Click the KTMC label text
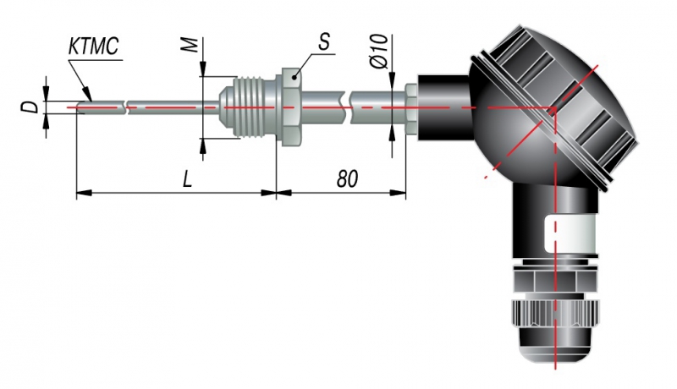coord(93,47)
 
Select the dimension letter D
coord(30,106)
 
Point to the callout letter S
coord(324,42)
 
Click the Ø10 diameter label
coord(379,52)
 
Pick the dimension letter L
coord(187,178)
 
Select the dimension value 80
coord(347,178)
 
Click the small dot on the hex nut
coord(294,77)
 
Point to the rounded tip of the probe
coord(80,107)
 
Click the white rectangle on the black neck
coord(570,234)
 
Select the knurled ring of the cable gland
coord(556,313)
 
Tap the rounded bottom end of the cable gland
coord(556,345)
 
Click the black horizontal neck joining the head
coord(443,107)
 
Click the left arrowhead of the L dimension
coord(84,193)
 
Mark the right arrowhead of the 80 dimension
coord(398,193)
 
